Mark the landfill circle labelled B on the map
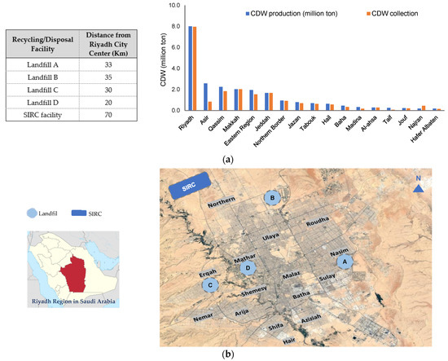(x=272, y=197)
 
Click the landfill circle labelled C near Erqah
(x=212, y=284)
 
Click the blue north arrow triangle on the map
(x=416, y=189)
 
